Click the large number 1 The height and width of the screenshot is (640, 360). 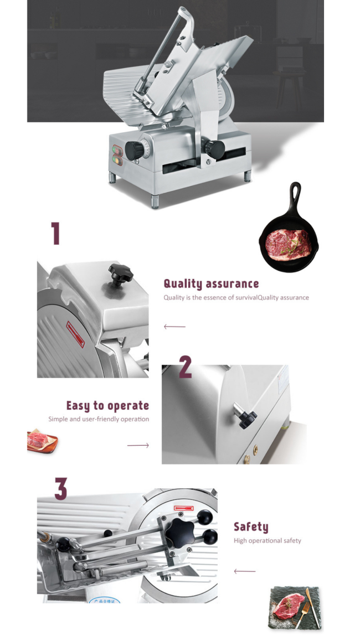[x=55, y=233]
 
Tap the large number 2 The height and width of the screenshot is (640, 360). [x=186, y=367]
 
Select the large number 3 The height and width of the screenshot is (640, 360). [x=61, y=488]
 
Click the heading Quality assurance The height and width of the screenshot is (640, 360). [x=211, y=283]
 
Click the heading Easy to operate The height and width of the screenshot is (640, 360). [x=108, y=405]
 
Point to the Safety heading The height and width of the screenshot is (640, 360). [x=251, y=527]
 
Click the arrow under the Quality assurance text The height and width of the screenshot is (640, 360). [x=174, y=327]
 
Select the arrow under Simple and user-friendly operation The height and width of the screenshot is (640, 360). [x=138, y=445]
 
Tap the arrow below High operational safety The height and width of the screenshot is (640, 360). [x=244, y=571]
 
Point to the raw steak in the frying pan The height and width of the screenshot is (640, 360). [x=288, y=244]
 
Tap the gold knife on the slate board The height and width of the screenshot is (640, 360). [x=313, y=607]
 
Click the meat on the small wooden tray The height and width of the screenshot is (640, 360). [x=37, y=440]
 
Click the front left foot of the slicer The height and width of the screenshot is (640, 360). [x=155, y=202]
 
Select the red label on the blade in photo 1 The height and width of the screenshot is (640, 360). [x=75, y=334]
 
